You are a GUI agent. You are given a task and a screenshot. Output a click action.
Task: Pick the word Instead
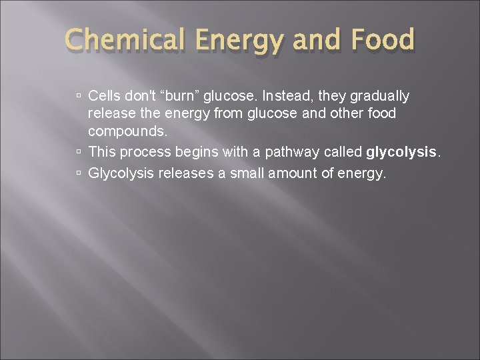[289, 97]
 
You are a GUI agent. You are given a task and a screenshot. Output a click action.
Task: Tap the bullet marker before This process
[79, 152]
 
